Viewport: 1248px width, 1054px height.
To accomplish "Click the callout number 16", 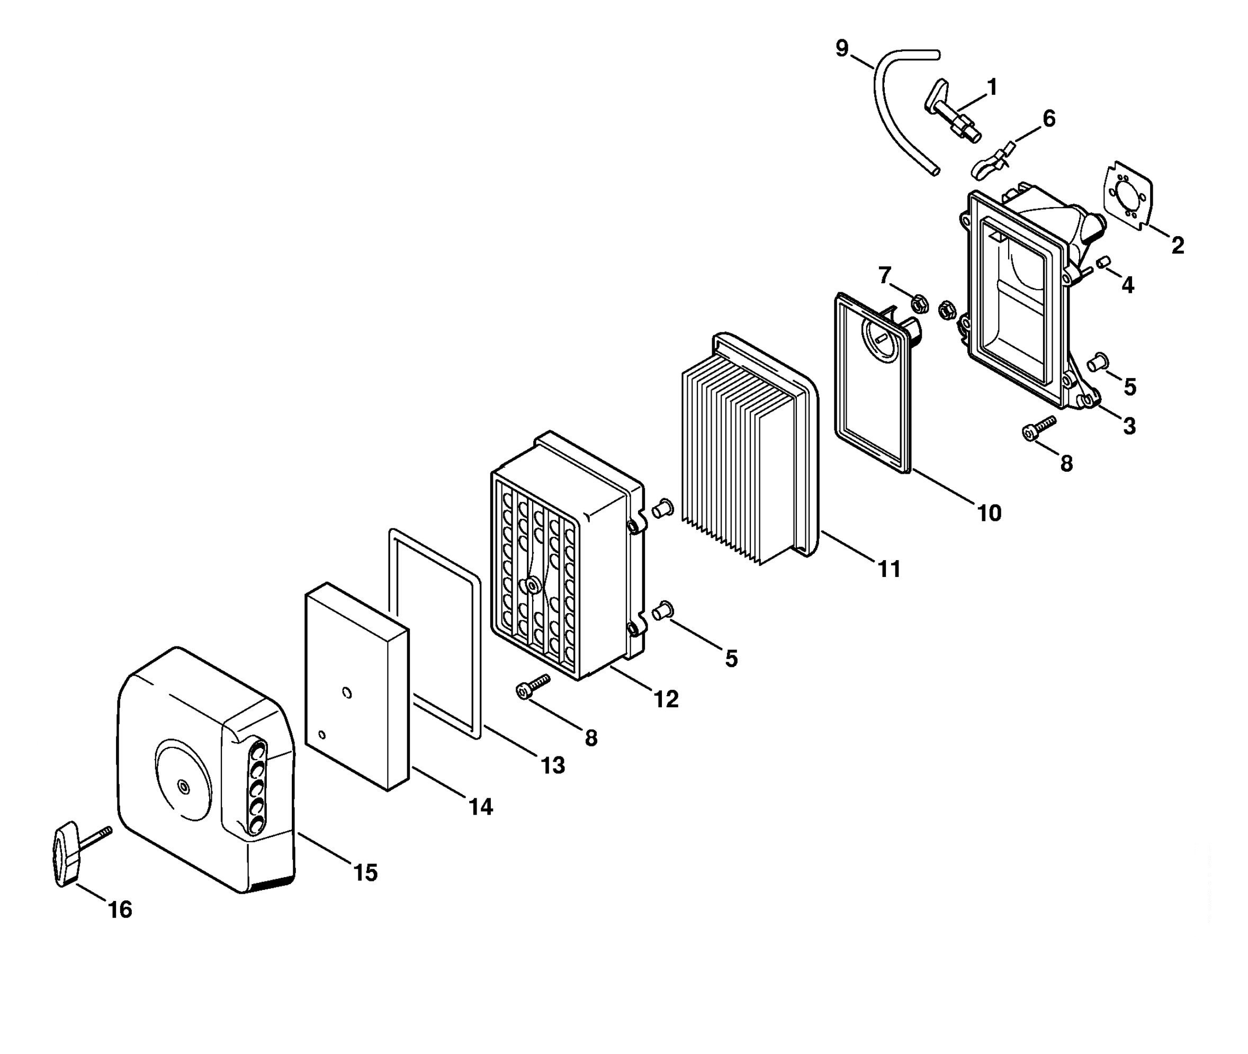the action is (120, 909).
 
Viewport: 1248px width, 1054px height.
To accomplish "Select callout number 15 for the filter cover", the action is (365, 872).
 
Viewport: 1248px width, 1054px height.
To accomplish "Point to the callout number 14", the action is (481, 807).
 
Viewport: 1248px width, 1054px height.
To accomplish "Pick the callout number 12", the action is (667, 699).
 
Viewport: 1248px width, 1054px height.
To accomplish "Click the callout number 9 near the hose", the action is (841, 48).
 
